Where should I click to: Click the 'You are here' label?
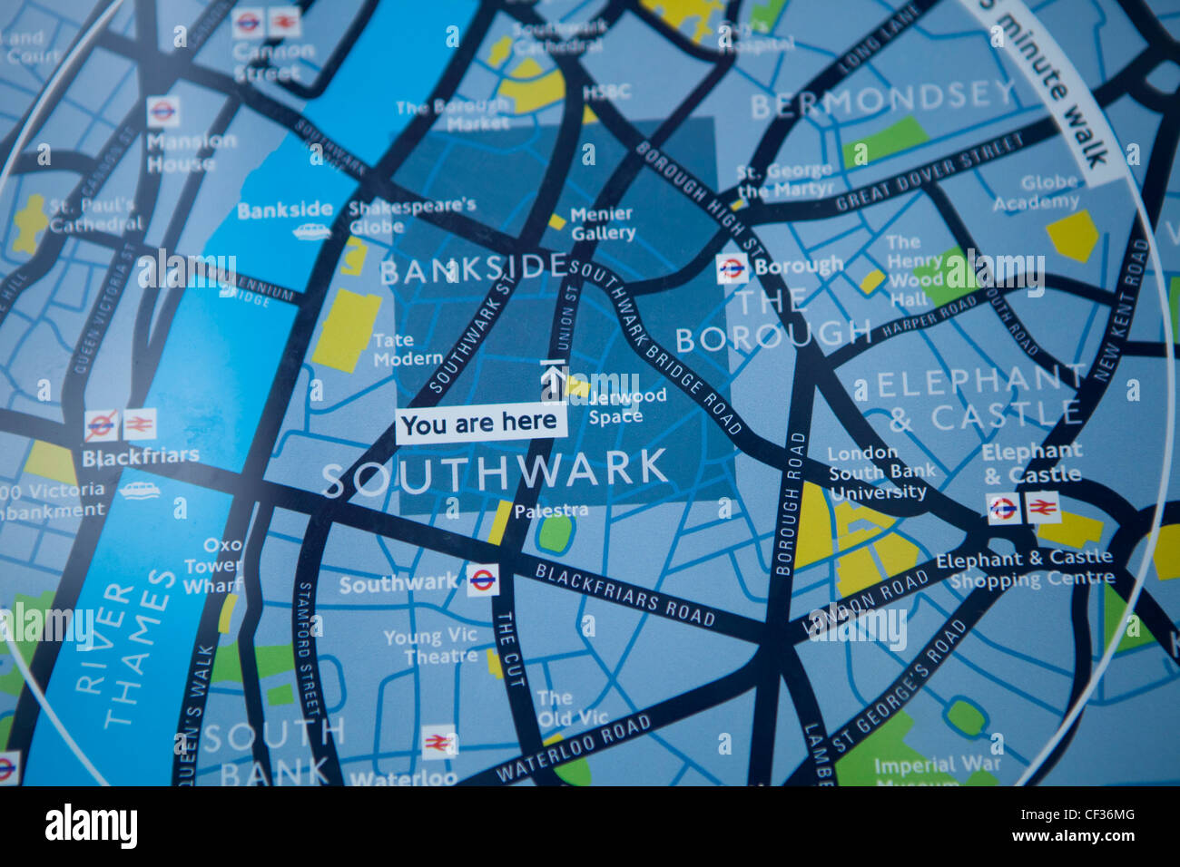coord(480,424)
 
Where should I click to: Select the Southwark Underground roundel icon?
coord(483,580)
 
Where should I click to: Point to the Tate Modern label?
coord(408,349)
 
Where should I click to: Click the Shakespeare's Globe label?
coord(411,215)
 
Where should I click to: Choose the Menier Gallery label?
coord(603,224)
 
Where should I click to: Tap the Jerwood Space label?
coord(626,406)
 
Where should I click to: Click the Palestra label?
coord(550,511)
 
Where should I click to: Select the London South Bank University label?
coord(877,472)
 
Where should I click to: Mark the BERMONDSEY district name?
coord(882,100)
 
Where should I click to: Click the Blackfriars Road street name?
coord(624,595)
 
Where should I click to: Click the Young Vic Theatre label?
coord(430,647)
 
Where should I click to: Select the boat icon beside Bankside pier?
coord(311,232)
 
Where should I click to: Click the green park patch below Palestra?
coord(555,532)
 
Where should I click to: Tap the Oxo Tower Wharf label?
coord(212,565)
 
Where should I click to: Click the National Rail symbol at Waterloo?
coord(438,743)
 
